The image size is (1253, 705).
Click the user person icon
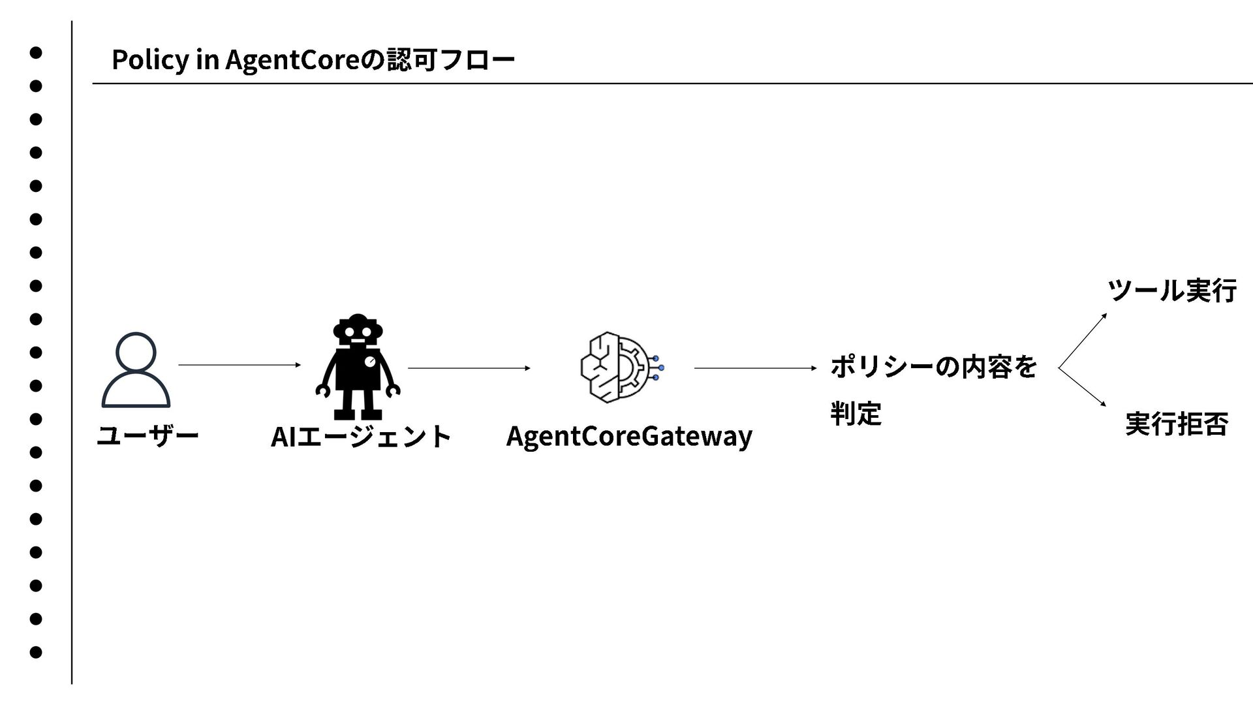[136, 369]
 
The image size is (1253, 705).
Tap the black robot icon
[358, 367]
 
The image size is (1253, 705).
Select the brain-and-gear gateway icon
[621, 367]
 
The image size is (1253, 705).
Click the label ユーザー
[147, 435]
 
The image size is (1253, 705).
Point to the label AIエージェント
[361, 437]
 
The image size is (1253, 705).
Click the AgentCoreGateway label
[629, 436]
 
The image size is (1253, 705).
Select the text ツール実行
[1171, 290]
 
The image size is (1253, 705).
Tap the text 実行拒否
[1177, 424]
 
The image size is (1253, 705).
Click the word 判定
[856, 414]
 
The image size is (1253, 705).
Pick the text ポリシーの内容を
[933, 367]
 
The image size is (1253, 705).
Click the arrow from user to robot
[239, 365]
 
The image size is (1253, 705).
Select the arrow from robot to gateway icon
[469, 368]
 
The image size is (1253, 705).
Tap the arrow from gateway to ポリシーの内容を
[755, 368]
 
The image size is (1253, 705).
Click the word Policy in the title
[149, 60]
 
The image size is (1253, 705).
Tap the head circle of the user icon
[136, 352]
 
